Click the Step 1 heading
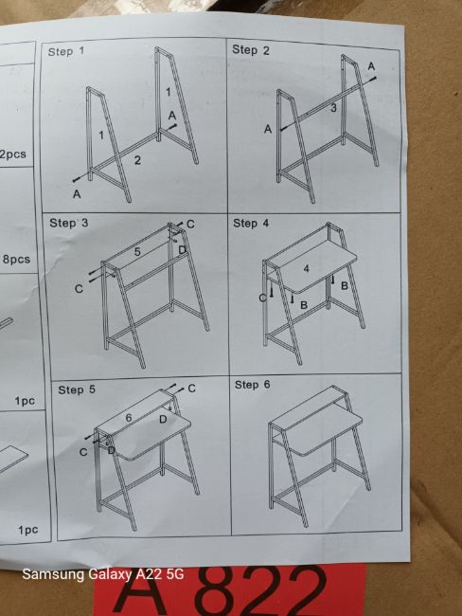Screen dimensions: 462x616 tap(66, 51)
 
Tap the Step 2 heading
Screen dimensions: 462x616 tap(251, 50)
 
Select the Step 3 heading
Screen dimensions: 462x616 tap(69, 223)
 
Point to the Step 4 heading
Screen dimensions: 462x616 tap(251, 223)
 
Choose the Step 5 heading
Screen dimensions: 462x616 tap(77, 390)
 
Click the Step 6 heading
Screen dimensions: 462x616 tap(253, 385)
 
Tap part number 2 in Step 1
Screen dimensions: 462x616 tap(137, 160)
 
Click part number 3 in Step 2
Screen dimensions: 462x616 tap(333, 108)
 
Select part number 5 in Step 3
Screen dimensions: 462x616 tap(137, 251)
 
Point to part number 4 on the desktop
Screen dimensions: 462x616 tap(306, 268)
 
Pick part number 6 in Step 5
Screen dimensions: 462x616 tap(129, 418)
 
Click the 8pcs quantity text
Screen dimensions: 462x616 tap(16, 260)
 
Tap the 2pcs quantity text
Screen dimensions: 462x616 tap(13, 154)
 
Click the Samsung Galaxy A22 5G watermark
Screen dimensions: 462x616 tap(103, 574)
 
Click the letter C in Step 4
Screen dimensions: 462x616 tap(262, 299)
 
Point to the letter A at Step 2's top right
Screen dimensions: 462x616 tap(371, 66)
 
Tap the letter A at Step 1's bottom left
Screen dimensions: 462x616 tap(77, 193)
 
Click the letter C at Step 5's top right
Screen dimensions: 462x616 tap(191, 389)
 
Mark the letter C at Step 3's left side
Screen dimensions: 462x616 tap(79, 289)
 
